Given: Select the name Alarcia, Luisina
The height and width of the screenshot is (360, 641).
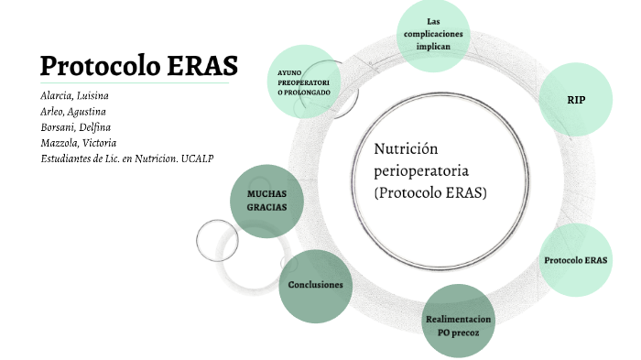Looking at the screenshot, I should point(75,95).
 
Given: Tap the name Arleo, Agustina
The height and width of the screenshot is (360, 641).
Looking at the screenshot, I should point(73,111).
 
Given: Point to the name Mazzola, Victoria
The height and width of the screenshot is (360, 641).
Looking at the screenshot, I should point(77,142).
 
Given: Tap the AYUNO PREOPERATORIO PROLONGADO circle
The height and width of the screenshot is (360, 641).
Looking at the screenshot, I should point(303,82).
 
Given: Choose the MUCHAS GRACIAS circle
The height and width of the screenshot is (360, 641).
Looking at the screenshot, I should point(266,201).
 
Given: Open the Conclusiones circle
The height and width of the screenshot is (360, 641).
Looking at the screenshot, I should point(315,285).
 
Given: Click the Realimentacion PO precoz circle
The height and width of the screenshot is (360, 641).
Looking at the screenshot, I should point(458,325).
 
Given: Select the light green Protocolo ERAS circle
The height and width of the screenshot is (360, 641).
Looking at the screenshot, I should point(575,260).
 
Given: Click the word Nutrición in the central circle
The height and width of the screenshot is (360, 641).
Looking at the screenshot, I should point(407,149).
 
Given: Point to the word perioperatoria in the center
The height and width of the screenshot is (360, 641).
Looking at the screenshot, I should point(422,171).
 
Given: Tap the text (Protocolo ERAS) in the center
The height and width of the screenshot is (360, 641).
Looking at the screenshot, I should point(430,193).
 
